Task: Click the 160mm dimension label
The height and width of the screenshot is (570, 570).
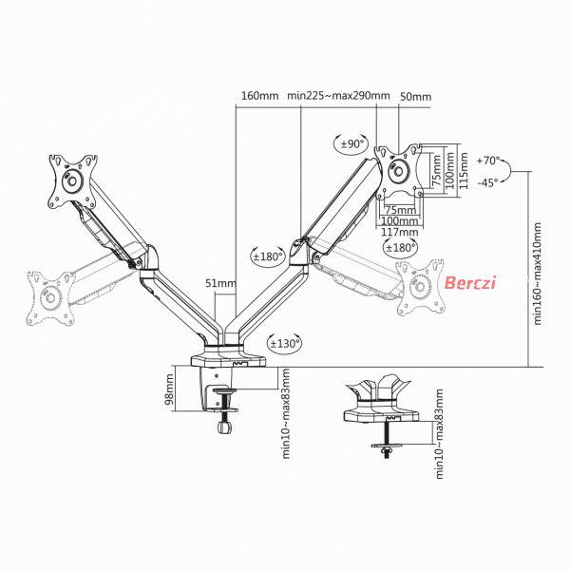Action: (x=260, y=96)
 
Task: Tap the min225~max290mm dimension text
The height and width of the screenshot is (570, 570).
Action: (x=338, y=96)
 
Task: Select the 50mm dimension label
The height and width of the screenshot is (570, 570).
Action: (x=415, y=97)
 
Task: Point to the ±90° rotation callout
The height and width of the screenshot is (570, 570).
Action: (x=351, y=144)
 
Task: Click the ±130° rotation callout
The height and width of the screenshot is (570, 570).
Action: (x=285, y=343)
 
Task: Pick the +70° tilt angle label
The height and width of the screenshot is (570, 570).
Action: (x=488, y=161)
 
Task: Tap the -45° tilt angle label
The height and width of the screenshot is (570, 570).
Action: (x=487, y=182)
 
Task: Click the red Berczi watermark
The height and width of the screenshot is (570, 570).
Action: (x=470, y=282)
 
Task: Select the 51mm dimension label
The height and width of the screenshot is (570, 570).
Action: (x=220, y=283)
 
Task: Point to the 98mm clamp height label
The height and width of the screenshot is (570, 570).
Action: (x=169, y=389)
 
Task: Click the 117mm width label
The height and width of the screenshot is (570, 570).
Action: (x=400, y=232)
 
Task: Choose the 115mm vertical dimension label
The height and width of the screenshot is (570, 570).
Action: (x=464, y=170)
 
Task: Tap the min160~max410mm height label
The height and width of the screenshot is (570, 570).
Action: (x=538, y=274)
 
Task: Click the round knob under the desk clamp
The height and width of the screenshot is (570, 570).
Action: (x=225, y=427)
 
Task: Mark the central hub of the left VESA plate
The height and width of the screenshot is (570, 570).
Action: (x=72, y=180)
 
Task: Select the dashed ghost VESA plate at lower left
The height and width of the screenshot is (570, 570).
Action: (x=50, y=298)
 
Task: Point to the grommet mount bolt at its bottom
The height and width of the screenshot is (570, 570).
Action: (x=387, y=452)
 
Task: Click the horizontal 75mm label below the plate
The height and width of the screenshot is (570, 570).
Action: (x=400, y=210)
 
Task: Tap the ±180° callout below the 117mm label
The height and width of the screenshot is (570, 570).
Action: (x=400, y=248)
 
